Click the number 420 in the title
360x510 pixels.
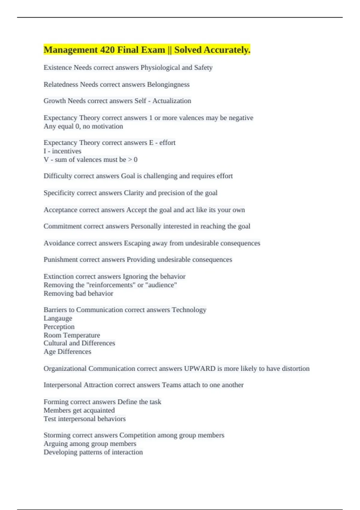(x=107, y=50)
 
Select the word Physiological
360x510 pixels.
(x=160, y=67)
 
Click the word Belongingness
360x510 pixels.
(x=168, y=85)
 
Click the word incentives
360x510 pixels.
(x=67, y=151)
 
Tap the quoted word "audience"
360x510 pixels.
(x=161, y=285)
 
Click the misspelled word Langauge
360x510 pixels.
(x=58, y=318)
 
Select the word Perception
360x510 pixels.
(x=59, y=327)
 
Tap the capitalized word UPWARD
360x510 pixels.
(x=199, y=368)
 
